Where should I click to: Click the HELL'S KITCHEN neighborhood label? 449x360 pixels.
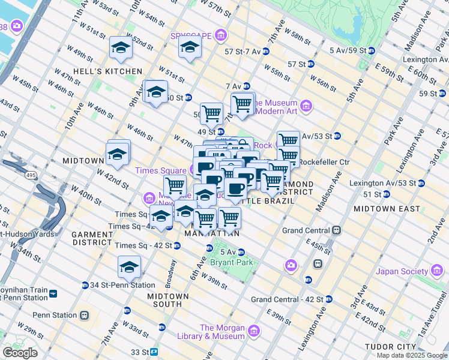click(99, 71)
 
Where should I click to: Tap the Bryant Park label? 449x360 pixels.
click(231, 262)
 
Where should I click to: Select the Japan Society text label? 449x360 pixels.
click(402, 271)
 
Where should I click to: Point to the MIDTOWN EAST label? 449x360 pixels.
click(387, 208)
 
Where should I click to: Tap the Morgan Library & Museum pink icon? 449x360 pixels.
click(253, 331)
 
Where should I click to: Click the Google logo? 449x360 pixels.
click(20, 353)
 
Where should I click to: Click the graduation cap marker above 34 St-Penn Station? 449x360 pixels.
click(129, 266)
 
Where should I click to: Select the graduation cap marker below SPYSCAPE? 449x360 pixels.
click(190, 48)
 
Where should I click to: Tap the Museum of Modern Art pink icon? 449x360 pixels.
click(306, 107)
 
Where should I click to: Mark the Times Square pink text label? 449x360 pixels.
click(160, 170)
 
